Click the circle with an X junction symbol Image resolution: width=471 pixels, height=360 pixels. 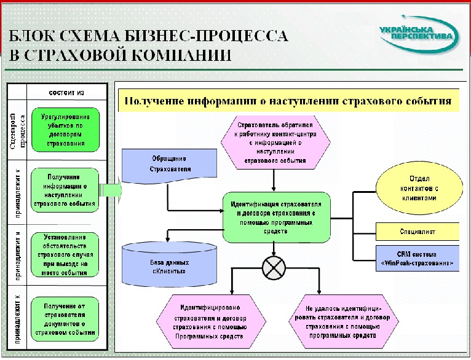tap(274, 267)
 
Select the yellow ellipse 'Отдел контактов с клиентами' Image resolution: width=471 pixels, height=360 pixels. tap(418, 190)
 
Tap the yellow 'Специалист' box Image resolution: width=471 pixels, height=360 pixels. tap(418, 233)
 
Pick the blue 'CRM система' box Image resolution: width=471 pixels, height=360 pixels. tap(418, 257)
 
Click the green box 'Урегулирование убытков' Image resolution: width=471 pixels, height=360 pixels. tap(66, 131)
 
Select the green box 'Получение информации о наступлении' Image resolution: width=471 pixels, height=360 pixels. tap(66, 191)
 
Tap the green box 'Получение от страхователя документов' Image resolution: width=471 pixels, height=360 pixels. tap(66, 318)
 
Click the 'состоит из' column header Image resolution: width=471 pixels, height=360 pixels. tap(66, 93)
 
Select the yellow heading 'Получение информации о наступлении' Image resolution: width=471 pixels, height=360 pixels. tap(288, 100)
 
